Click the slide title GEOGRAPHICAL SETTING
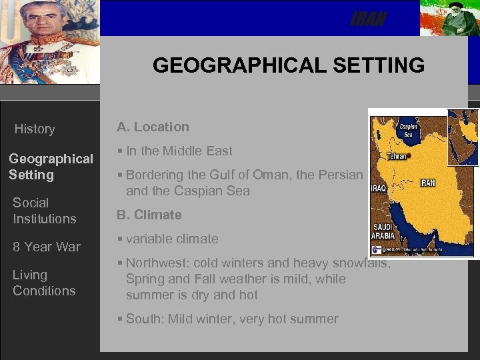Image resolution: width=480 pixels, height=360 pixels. click(288, 65)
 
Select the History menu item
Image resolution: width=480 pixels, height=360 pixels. click(35, 129)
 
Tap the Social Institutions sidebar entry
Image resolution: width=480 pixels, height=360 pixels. click(44, 211)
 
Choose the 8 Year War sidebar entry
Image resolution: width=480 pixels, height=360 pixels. click(46, 247)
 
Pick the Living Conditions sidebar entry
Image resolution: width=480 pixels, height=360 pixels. click(44, 283)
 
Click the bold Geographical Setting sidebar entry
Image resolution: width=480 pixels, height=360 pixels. click(51, 167)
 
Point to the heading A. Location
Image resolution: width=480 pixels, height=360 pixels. click(153, 127)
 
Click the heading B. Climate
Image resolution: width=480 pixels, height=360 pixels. click(149, 215)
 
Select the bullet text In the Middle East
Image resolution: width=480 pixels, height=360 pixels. click(179, 151)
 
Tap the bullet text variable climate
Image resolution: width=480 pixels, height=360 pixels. click(171, 239)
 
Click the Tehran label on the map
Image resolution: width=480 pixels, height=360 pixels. click(397, 156)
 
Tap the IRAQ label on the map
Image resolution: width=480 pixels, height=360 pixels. click(378, 188)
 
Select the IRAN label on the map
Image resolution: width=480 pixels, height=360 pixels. click(427, 183)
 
